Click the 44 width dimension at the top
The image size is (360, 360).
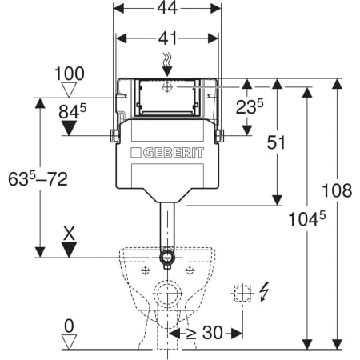[167, 8]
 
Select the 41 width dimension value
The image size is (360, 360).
[167, 38]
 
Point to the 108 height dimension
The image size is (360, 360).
[337, 190]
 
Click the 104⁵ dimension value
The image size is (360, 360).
[307, 219]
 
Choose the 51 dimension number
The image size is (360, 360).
[276, 142]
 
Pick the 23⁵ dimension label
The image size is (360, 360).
[250, 106]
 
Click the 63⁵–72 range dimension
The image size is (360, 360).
[38, 178]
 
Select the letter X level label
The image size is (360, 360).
[70, 234]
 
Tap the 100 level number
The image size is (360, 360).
[70, 74]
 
